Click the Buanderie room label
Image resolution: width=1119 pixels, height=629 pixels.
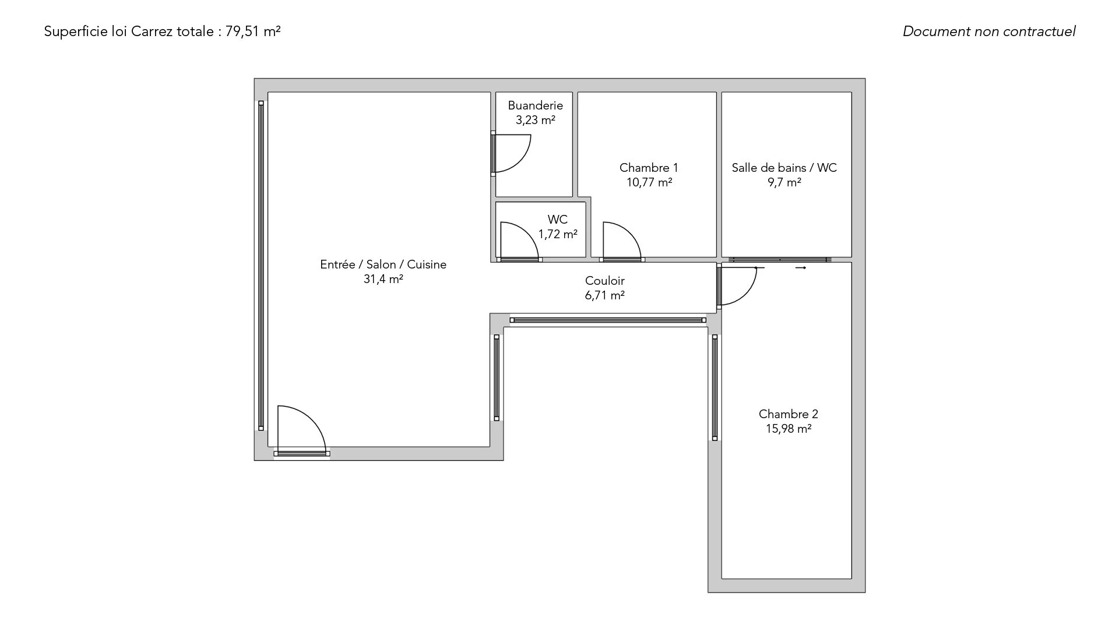535,105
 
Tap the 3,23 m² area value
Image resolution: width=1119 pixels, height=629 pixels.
535,120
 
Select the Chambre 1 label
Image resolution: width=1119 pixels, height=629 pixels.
649,168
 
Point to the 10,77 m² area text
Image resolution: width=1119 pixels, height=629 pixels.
649,182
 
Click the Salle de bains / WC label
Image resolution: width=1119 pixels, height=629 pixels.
784,168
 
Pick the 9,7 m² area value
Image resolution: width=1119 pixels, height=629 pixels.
784,182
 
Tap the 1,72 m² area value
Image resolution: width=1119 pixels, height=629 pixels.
558,234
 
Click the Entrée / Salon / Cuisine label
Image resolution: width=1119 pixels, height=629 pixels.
383,264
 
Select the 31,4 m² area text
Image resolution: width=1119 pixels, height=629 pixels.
383,279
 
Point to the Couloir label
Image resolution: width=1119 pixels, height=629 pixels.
604,281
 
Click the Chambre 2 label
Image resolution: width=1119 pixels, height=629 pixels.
788,414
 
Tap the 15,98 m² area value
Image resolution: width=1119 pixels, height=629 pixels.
789,429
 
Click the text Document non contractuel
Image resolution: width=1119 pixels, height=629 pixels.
989,31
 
